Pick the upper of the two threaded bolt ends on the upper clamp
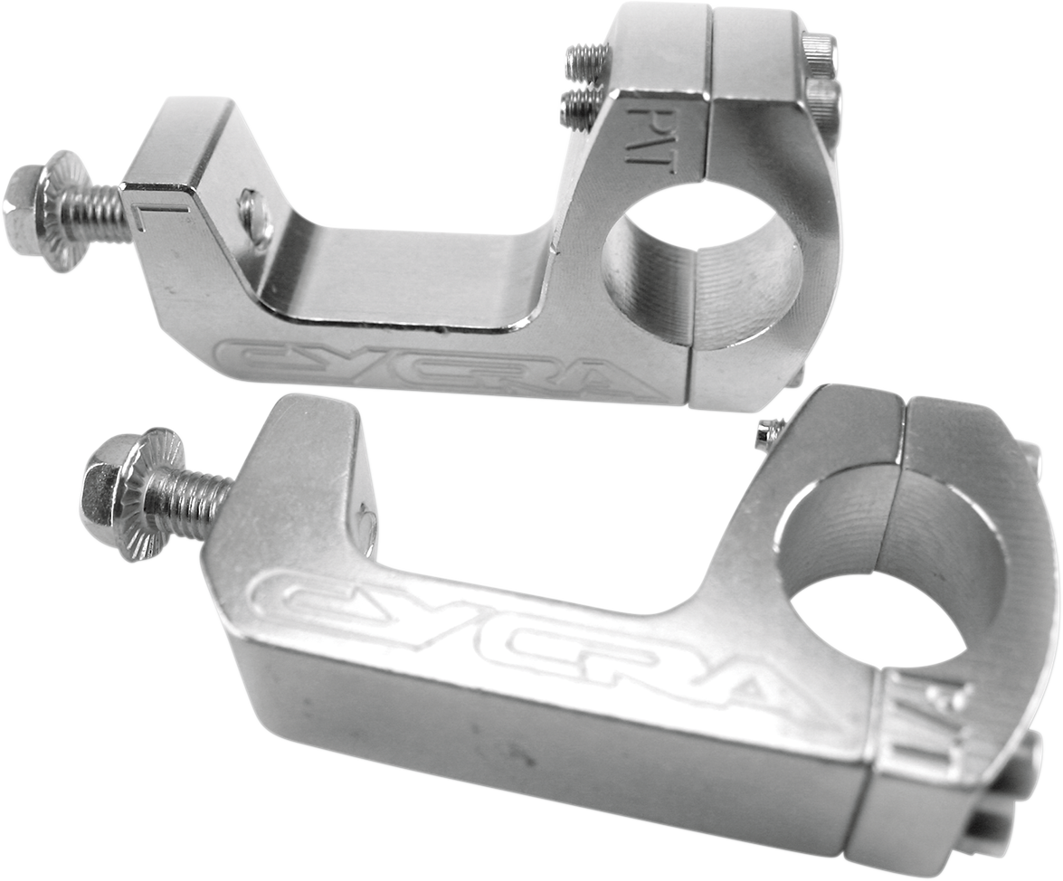586,61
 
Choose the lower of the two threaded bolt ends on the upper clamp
579,106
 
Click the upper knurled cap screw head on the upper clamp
820,52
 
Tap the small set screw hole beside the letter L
254,213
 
